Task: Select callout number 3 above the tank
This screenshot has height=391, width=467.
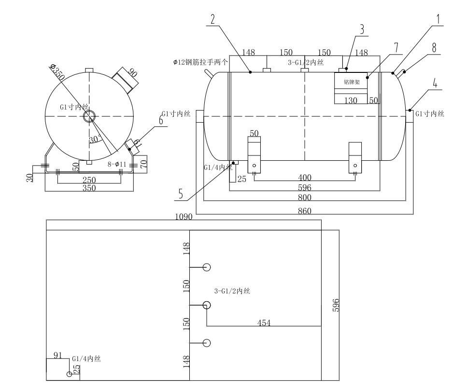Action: (361, 28)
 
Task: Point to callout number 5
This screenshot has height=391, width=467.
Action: (181, 195)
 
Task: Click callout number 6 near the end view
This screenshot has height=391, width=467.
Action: (161, 119)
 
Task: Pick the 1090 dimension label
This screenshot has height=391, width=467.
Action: (184, 217)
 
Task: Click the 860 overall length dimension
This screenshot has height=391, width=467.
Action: (305, 211)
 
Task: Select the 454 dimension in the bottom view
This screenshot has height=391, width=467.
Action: (263, 323)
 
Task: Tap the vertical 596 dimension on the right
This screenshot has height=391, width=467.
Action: (337, 305)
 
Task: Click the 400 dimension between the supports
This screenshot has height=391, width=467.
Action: (305, 178)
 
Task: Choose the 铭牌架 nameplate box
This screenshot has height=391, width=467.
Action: (352, 82)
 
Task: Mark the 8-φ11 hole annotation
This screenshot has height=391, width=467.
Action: (117, 164)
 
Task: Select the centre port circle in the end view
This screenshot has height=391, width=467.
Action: (89, 116)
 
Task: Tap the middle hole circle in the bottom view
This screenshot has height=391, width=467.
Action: (207, 305)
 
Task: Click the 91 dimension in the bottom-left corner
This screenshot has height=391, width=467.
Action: (57, 355)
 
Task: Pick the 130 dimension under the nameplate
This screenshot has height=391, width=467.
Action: (351, 100)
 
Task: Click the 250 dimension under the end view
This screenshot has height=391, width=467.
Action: (89, 180)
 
